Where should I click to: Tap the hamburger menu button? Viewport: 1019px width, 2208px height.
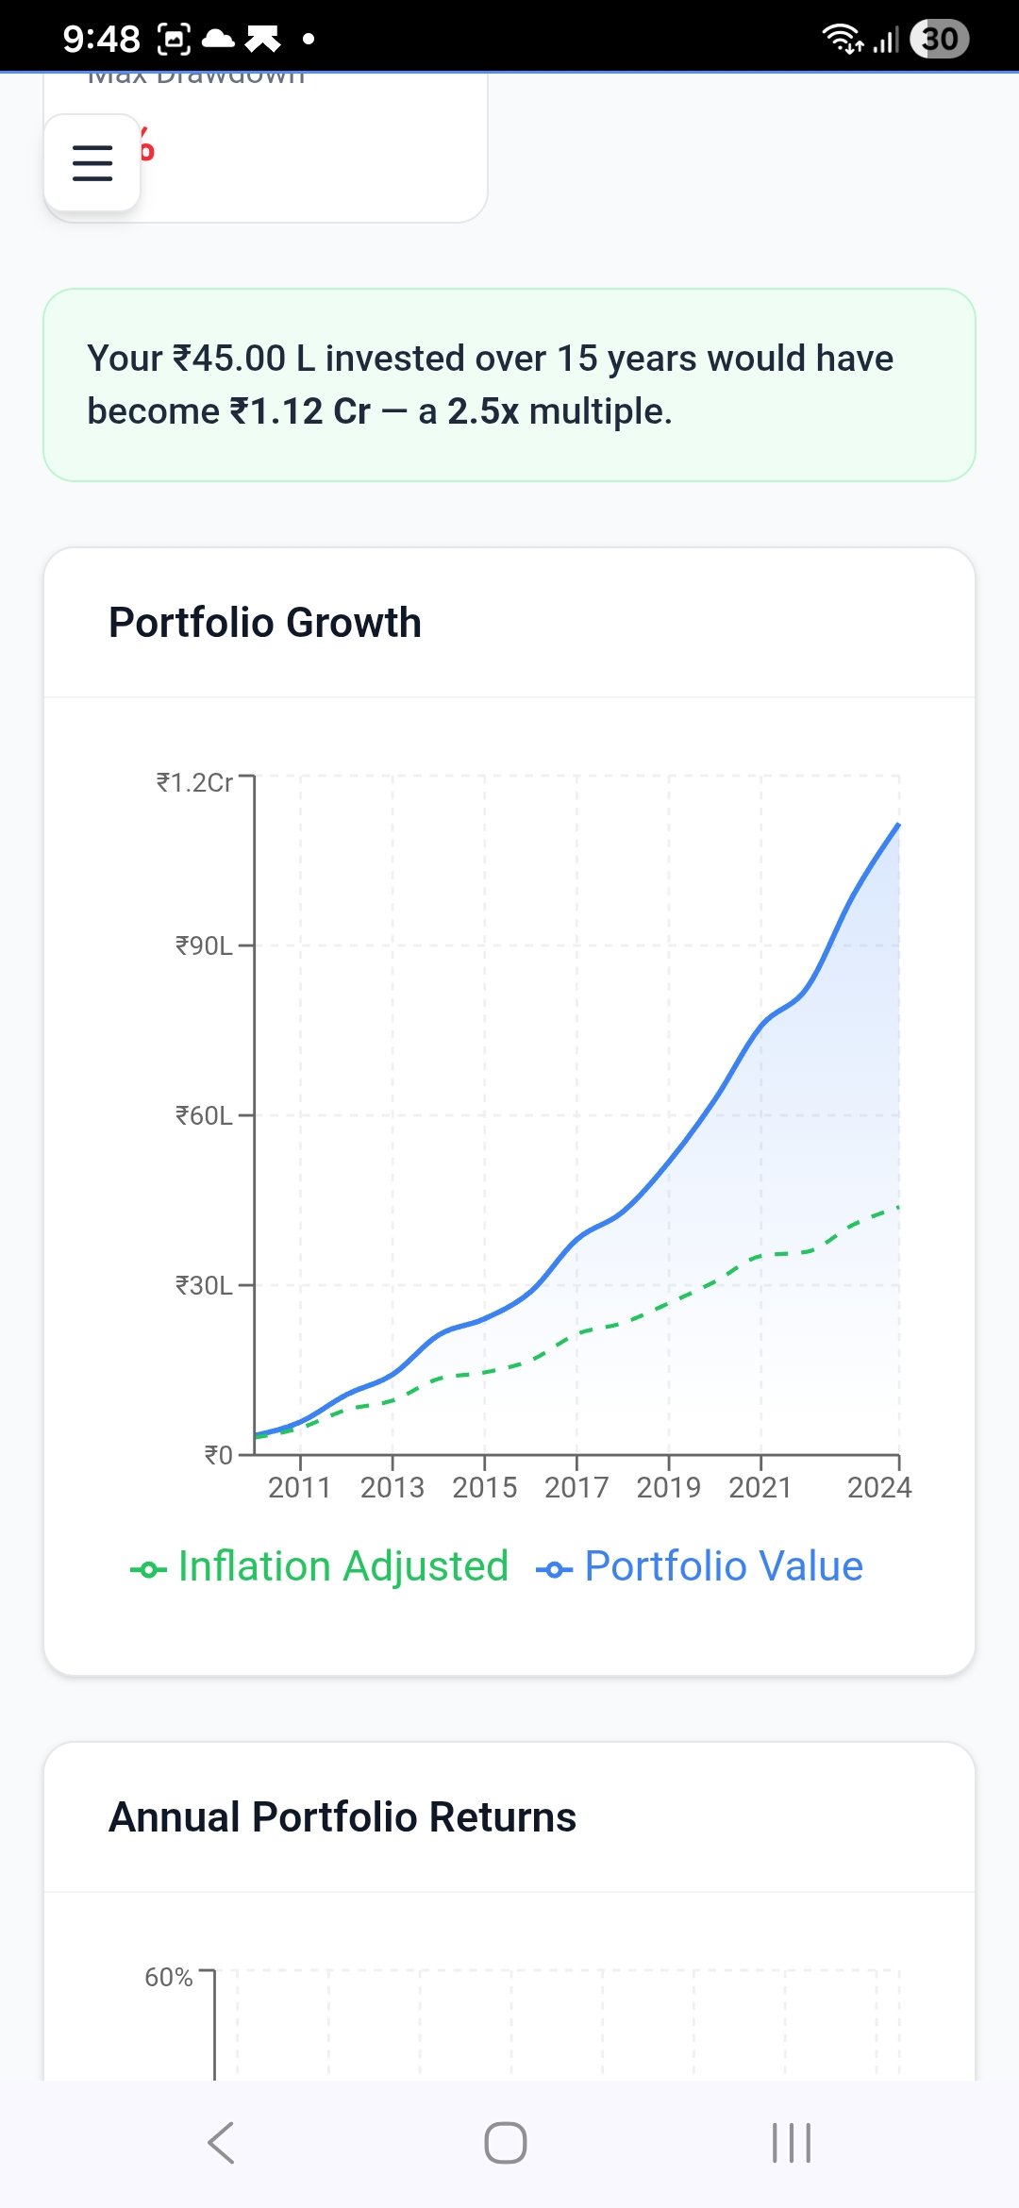(x=92, y=163)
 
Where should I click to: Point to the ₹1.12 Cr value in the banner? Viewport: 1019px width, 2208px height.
(x=300, y=411)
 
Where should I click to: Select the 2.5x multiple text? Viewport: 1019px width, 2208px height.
(x=482, y=411)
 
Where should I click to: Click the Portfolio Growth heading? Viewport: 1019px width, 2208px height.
(x=265, y=623)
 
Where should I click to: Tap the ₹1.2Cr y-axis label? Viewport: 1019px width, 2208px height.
(x=194, y=782)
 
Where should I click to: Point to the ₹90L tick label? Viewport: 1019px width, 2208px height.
(x=204, y=945)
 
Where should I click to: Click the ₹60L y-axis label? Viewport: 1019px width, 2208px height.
(x=204, y=1115)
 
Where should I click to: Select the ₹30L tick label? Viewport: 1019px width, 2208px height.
(x=204, y=1285)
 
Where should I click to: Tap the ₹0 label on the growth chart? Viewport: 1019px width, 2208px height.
(x=218, y=1455)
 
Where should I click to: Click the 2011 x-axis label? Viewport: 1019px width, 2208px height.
(x=299, y=1488)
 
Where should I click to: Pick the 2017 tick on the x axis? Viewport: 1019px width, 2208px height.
(x=576, y=1488)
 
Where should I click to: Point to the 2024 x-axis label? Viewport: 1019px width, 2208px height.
(x=878, y=1488)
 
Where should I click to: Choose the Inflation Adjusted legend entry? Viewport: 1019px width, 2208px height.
(x=321, y=1566)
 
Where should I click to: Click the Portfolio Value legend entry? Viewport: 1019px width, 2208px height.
(x=700, y=1566)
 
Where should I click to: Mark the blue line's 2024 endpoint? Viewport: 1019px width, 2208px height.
(x=898, y=825)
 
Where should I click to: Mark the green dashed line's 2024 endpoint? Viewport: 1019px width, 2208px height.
(x=898, y=1207)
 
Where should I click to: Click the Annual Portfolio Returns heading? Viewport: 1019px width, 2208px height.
(x=342, y=1817)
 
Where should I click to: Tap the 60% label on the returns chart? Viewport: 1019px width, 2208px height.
(x=168, y=1977)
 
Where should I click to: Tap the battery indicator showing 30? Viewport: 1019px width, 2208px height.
(x=939, y=39)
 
